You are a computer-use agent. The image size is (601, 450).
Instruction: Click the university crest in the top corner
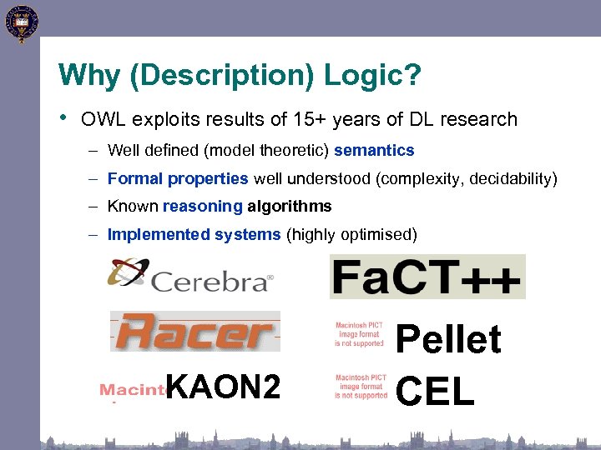(x=21, y=23)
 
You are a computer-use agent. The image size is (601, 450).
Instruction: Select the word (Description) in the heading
(x=216, y=77)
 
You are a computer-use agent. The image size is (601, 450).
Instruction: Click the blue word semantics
(x=374, y=151)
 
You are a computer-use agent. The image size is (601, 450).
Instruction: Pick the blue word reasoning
(x=203, y=206)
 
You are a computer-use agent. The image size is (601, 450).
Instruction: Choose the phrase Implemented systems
(x=194, y=234)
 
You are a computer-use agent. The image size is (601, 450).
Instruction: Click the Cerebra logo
(x=190, y=276)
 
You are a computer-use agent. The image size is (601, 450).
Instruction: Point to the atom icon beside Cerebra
(x=127, y=273)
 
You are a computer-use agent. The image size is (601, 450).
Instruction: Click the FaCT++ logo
(x=427, y=276)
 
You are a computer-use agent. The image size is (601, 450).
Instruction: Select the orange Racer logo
(x=194, y=331)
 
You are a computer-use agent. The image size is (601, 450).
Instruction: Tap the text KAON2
(x=223, y=386)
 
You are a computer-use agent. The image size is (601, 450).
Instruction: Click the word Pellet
(x=448, y=340)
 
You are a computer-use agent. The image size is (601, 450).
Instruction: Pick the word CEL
(x=436, y=389)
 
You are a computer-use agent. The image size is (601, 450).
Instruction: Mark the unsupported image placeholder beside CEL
(x=361, y=387)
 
